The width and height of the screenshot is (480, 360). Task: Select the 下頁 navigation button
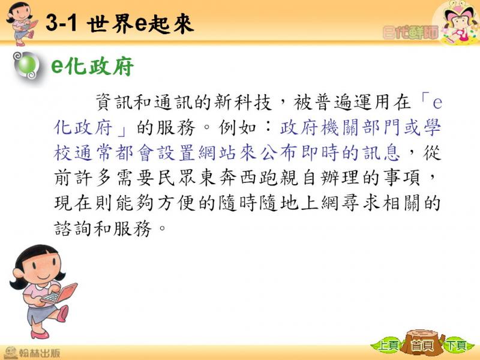457,346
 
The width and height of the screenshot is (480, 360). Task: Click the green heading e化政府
92,66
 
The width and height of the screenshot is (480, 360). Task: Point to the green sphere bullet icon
27,65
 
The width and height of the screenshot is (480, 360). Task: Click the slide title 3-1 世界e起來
119,24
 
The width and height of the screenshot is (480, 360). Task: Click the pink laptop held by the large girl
59,294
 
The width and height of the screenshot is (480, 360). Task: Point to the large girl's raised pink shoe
63,313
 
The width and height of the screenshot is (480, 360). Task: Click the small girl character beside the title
22,23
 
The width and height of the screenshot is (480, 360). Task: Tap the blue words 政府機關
320,127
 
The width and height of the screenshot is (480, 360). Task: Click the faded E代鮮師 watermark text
410,32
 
